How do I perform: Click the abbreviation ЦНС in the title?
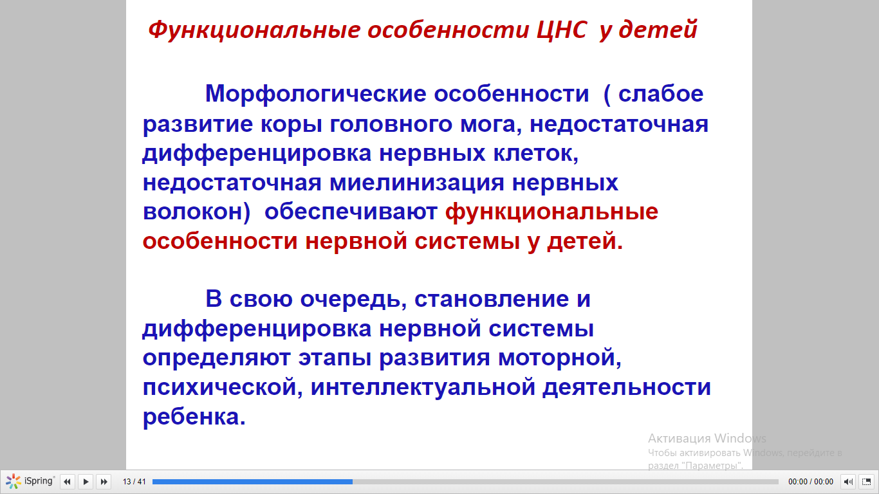click(x=562, y=30)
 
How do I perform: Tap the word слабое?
click(x=661, y=94)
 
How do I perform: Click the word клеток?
click(x=535, y=153)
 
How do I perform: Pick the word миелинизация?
click(x=417, y=183)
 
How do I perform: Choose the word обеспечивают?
click(x=351, y=212)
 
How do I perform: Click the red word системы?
click(x=467, y=241)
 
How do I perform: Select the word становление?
click(x=491, y=299)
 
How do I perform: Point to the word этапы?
click(x=335, y=359)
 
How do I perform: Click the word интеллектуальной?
click(x=423, y=388)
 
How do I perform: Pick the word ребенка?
click(x=194, y=417)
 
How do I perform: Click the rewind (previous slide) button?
click(x=67, y=482)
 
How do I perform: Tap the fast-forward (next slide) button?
click(x=104, y=482)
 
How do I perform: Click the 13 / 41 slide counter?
click(x=134, y=482)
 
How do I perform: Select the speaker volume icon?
click(x=847, y=482)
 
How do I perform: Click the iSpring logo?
click(x=30, y=481)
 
